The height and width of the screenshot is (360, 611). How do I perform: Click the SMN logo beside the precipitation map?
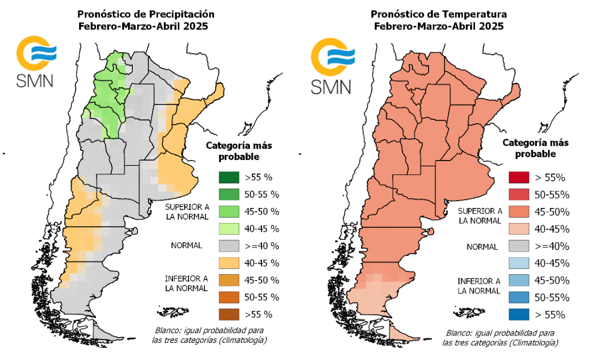[x=35, y=61]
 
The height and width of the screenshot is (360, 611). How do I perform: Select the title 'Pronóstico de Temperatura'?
[x=439, y=14]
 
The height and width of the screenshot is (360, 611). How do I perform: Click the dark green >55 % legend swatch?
[x=228, y=178]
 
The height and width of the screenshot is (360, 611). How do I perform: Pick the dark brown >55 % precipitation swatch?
[x=228, y=314]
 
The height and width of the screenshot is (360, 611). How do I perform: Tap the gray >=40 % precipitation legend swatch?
[x=228, y=246]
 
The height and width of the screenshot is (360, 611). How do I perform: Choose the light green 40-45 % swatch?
[x=228, y=229]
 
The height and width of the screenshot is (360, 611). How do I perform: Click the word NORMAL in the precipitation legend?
[x=186, y=246]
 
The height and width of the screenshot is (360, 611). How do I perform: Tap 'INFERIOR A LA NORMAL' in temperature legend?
[x=479, y=286]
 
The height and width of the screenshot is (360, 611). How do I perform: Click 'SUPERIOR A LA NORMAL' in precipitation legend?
[x=186, y=211]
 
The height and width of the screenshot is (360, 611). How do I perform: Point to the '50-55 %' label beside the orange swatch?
[x=261, y=297]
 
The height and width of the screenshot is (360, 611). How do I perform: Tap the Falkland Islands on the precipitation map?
[x=176, y=310]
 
